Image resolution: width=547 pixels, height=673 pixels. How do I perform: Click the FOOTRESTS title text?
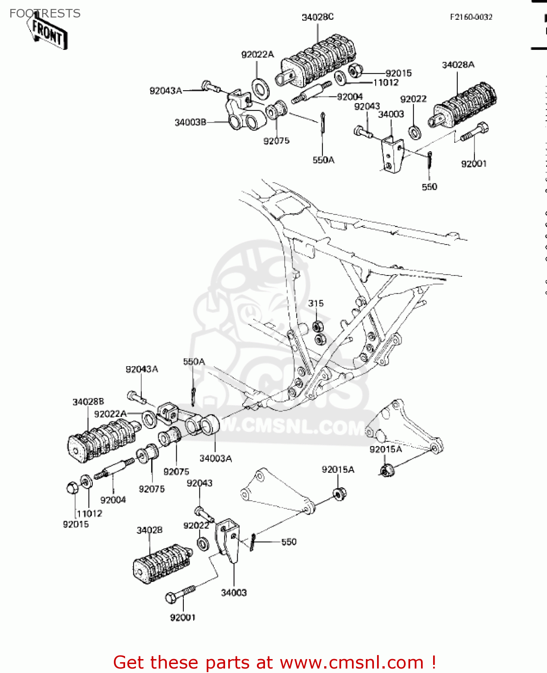(x=45, y=13)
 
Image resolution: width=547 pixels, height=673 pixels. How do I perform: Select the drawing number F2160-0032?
(x=471, y=17)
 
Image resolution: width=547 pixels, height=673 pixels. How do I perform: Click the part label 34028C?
(x=317, y=17)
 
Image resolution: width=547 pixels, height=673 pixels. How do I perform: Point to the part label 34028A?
(x=458, y=65)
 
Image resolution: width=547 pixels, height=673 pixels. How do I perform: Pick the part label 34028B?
(x=88, y=402)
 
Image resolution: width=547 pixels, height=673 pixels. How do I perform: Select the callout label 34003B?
(x=190, y=122)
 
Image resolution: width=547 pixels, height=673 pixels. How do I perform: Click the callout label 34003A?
(x=215, y=458)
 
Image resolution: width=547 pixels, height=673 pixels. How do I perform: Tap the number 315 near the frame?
(x=316, y=303)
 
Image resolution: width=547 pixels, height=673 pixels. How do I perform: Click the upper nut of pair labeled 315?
(x=317, y=326)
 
